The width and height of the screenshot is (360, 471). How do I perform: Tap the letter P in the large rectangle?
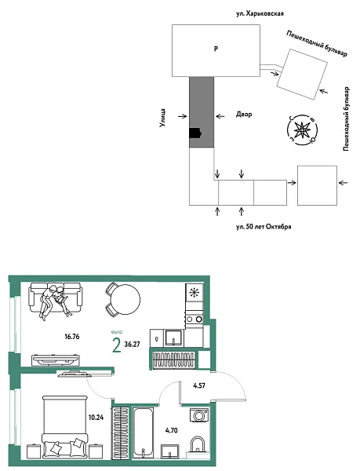point(216,49)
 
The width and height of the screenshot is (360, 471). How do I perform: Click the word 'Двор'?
point(244,113)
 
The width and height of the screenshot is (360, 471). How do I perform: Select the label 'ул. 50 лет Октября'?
point(264,226)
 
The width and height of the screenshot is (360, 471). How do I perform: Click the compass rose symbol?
point(301,128)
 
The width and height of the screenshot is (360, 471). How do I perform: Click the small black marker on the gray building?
point(195,135)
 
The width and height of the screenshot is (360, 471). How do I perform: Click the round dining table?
point(124,299)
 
